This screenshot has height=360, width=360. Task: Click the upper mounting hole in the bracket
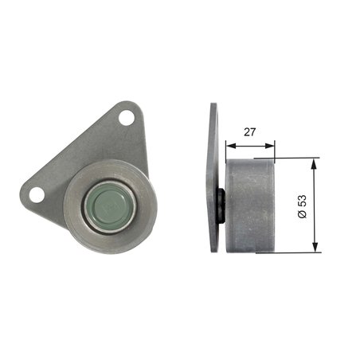pos(126,117)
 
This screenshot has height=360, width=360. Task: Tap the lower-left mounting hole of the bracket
pos(37,194)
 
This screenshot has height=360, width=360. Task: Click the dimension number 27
pos(250,133)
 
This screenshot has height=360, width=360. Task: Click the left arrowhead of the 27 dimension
pos(229,146)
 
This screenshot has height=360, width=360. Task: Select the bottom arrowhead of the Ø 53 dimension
pos(316,248)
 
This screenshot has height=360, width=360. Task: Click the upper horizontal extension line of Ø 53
pos(299,158)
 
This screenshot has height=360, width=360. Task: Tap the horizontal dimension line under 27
pos(250,146)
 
